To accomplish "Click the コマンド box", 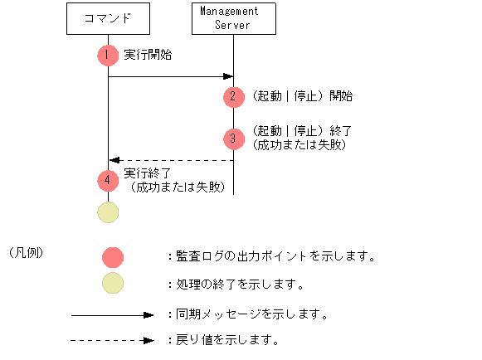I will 108,18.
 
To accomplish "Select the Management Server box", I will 232,18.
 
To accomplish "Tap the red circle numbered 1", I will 108,55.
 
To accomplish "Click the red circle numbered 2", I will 234,96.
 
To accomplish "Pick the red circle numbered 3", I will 234,138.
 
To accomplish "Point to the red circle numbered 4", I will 108,179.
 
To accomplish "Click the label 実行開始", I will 148,55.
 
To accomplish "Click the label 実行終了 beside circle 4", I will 148,173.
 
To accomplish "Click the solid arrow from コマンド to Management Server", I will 170,77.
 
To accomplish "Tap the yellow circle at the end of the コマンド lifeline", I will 108,212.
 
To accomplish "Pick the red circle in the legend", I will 113,256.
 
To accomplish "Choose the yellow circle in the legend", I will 113,284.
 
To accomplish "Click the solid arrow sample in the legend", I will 113,315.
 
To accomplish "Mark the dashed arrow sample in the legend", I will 113,340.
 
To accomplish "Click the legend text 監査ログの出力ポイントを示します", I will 274,256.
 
